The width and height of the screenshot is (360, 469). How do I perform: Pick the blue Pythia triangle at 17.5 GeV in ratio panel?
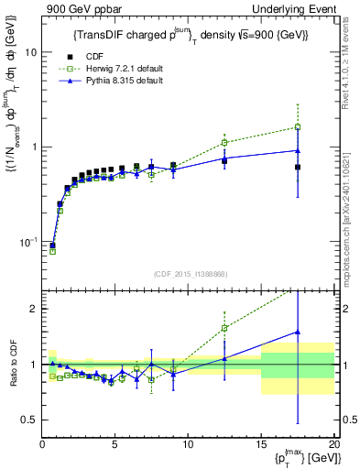(298, 333)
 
